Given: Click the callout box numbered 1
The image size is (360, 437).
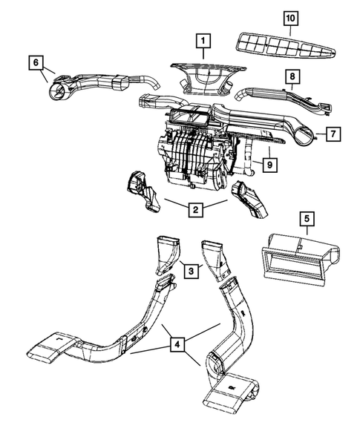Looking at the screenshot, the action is pyautogui.click(x=203, y=42).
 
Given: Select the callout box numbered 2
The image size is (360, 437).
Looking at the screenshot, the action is pyautogui.click(x=195, y=209).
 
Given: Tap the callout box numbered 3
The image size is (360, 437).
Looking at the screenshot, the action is pyautogui.click(x=192, y=271).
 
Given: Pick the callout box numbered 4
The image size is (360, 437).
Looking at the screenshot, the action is pyautogui.click(x=177, y=344).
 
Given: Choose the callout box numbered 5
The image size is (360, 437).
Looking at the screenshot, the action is pyautogui.click(x=307, y=219).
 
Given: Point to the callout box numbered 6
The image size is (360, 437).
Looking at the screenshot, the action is pyautogui.click(x=36, y=62).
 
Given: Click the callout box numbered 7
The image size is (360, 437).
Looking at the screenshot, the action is pyautogui.click(x=333, y=134).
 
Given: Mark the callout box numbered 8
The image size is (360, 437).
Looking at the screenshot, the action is pyautogui.click(x=292, y=76).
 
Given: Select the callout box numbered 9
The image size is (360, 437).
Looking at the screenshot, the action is pyautogui.click(x=269, y=165).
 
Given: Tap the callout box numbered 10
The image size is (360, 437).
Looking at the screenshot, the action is pyautogui.click(x=291, y=19).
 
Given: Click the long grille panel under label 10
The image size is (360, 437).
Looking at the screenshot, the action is pyautogui.click(x=286, y=46).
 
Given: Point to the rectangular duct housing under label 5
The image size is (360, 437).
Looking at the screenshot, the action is pyautogui.click(x=301, y=260).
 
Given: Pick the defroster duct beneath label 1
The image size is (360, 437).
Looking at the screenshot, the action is pyautogui.click(x=208, y=79).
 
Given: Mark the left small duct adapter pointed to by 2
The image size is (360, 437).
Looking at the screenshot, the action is pyautogui.click(x=143, y=192).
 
